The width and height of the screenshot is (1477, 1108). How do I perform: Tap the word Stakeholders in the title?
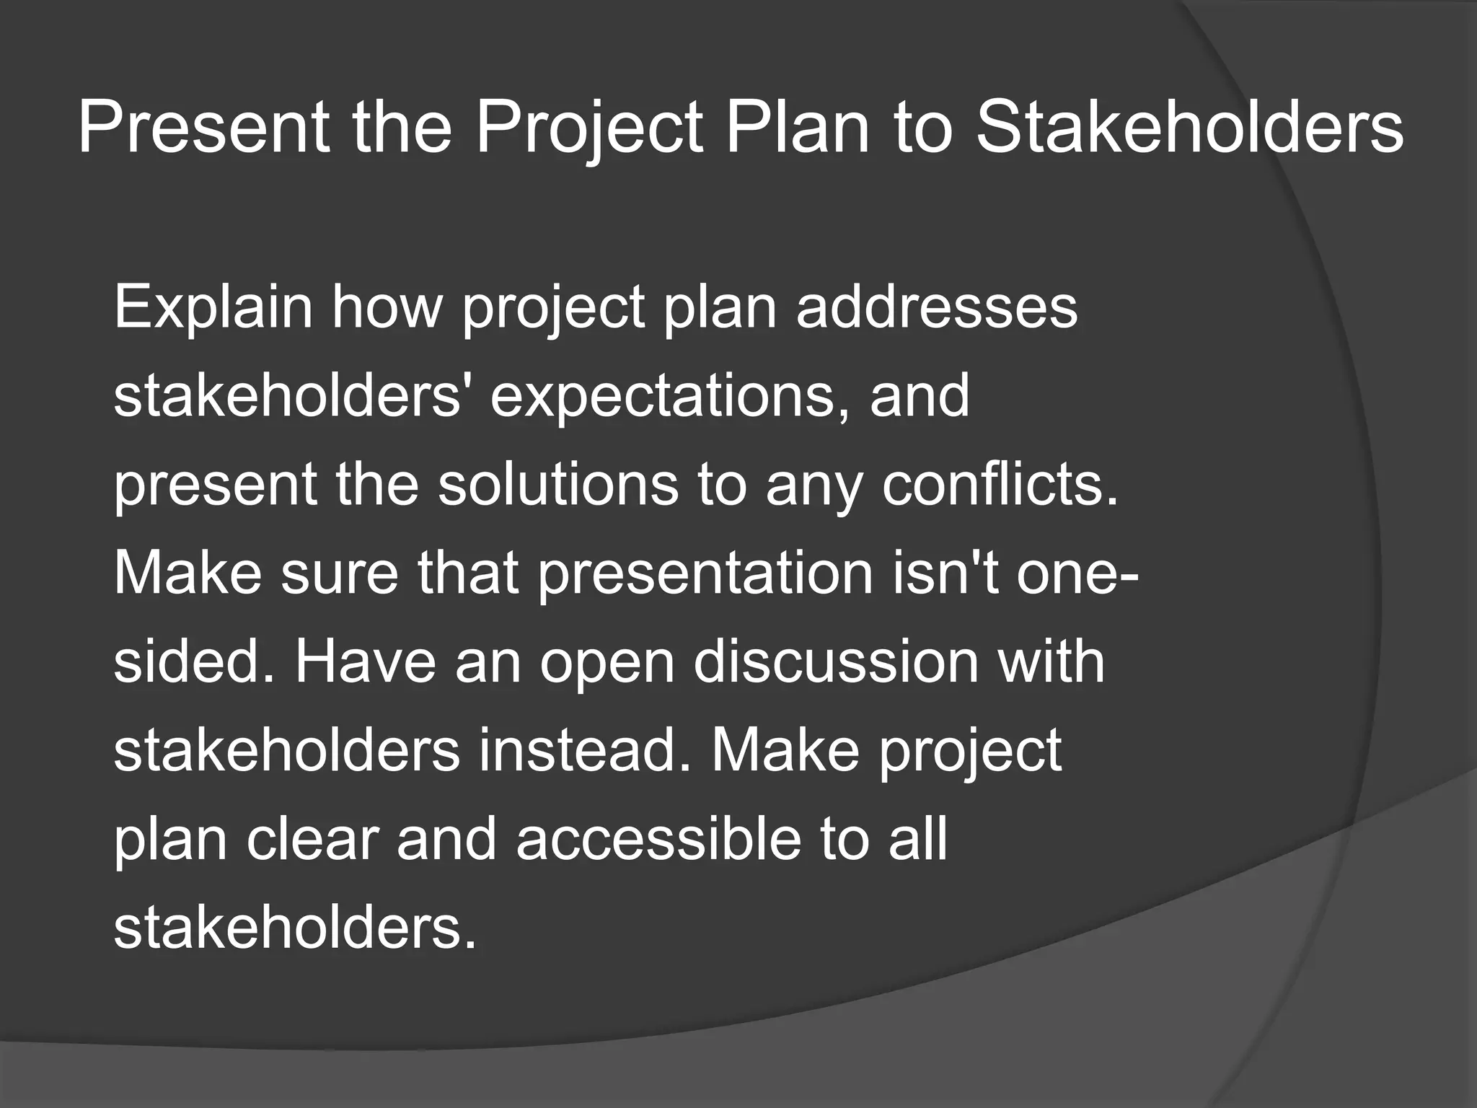[1189, 128]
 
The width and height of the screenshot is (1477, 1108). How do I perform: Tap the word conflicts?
[1000, 485]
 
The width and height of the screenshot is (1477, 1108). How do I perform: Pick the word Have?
[365, 662]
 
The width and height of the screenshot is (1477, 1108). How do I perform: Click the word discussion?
[836, 662]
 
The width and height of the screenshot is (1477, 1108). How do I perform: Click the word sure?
[339, 573]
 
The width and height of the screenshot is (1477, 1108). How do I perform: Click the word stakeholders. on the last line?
[295, 928]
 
